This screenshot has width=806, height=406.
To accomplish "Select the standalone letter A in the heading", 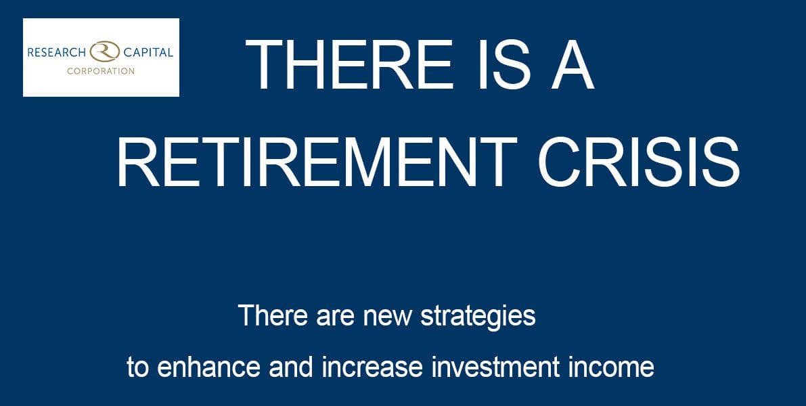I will click(572, 65).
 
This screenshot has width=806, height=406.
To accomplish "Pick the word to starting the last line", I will click(137, 367).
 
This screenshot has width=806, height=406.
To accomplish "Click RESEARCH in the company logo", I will click(55, 52).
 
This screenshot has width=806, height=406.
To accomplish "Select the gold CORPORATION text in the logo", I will click(100, 70).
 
